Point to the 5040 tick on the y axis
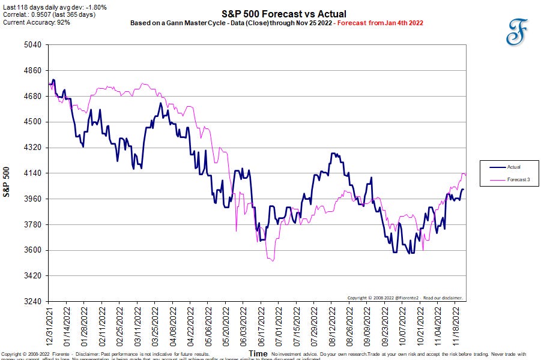pos(32,45)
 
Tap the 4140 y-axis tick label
pos(32,173)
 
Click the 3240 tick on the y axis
pos(32,301)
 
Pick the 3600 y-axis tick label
pos(32,250)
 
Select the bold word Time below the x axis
pos(258,354)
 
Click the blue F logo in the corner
pos(515,31)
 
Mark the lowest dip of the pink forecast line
pos(273,260)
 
